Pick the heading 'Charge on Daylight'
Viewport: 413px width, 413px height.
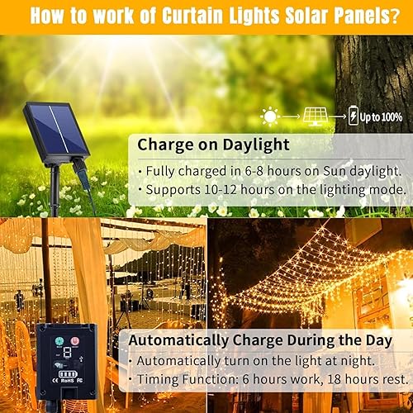point(213,145)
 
